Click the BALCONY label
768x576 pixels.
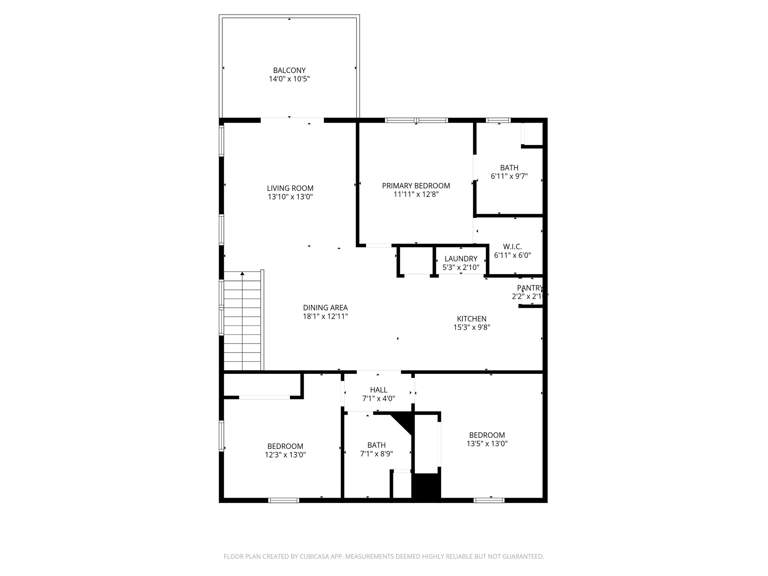(x=289, y=70)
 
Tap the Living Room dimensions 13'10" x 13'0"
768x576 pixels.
(x=290, y=197)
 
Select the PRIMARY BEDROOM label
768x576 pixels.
(x=416, y=186)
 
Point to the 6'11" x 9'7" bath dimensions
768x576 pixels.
(x=509, y=176)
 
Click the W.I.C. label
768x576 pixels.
(x=512, y=246)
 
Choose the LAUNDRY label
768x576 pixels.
(x=460, y=259)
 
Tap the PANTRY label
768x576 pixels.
(x=529, y=288)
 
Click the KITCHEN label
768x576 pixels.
(x=472, y=319)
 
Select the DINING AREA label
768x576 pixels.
(x=325, y=308)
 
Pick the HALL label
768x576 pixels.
(x=378, y=390)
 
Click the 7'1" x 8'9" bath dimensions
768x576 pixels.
(x=376, y=454)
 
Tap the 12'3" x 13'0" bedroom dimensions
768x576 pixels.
(x=285, y=455)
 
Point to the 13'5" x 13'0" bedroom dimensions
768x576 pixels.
(x=487, y=444)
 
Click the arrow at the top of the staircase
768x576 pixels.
(x=242, y=274)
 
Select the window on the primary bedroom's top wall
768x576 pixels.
(x=416, y=120)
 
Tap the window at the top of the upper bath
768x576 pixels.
(x=498, y=120)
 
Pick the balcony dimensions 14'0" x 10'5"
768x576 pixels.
(x=289, y=79)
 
